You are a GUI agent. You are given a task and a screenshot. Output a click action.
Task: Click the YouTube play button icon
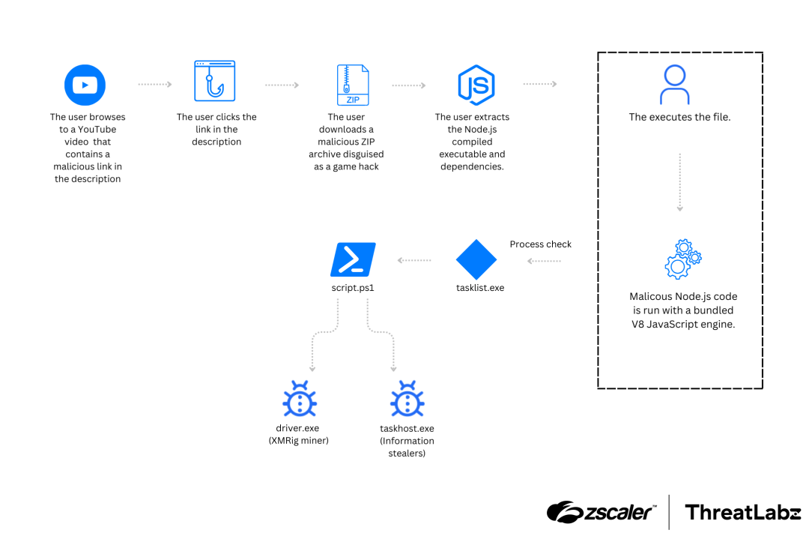[85, 85]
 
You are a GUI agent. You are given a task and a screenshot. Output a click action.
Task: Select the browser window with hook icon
[215, 81]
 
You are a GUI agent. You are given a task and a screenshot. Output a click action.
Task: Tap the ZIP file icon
[353, 85]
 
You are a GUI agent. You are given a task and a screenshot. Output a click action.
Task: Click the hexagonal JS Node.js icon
[476, 85]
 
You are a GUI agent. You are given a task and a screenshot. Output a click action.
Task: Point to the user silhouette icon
[675, 85]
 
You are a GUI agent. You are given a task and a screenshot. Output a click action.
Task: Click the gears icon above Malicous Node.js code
[683, 259]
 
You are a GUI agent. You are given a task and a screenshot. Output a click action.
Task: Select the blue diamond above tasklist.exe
[476, 259]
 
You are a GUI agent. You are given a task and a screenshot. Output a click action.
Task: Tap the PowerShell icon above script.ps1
[353, 259]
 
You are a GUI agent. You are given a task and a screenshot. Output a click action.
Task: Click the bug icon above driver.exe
[299, 399]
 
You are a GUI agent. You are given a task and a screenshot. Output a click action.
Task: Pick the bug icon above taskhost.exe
[407, 399]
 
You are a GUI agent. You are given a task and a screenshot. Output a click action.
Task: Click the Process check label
[540, 244]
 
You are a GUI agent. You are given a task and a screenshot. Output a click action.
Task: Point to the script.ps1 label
[353, 288]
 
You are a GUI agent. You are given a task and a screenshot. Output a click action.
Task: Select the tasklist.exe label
[480, 288]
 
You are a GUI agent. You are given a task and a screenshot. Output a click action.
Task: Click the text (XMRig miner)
[298, 440]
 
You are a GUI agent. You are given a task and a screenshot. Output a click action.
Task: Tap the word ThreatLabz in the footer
[742, 512]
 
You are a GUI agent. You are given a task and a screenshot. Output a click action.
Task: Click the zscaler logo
[601, 512]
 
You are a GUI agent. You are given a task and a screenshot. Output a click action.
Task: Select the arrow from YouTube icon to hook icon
[155, 84]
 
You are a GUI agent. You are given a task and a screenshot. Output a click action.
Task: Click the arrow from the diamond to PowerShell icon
[414, 260]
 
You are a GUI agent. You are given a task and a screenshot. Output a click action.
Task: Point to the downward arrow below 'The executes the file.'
[680, 182]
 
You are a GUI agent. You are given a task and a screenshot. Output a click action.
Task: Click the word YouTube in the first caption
[97, 129]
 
